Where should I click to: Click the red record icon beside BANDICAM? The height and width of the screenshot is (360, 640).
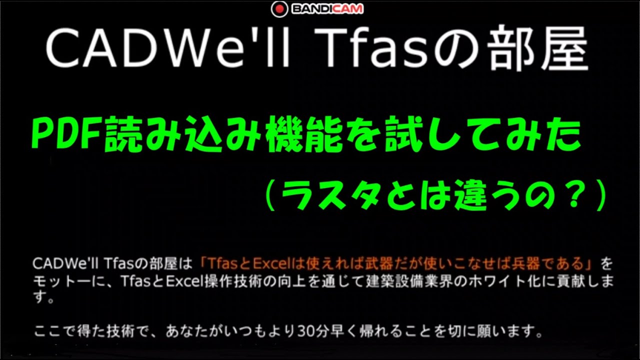[x=279, y=8]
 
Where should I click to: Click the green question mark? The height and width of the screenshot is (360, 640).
[x=570, y=197]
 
